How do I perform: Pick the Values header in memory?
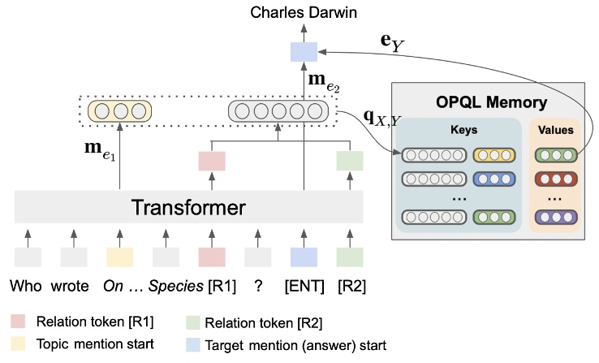[556, 130]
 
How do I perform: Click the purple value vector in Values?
[556, 217]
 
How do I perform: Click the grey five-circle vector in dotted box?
[278, 110]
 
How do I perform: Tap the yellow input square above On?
[119, 257]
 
